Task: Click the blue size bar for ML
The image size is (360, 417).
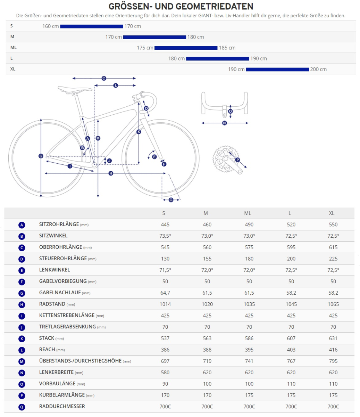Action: (186, 48)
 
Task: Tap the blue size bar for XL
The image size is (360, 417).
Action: (277, 69)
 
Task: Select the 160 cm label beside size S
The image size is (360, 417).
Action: (51, 26)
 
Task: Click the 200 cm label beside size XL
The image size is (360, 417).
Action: (318, 69)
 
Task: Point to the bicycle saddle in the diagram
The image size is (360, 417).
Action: (75, 90)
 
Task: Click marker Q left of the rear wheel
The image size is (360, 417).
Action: (41, 156)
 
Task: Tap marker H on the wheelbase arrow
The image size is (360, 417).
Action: (111, 173)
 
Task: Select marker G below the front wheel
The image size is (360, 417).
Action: (171, 200)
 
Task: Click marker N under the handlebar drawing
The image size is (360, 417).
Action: (224, 123)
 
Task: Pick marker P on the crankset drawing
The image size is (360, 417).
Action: (237, 160)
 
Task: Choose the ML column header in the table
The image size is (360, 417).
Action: (248, 213)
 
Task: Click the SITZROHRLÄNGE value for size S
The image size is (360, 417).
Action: (165, 225)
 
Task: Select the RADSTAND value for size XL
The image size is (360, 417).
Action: (333, 304)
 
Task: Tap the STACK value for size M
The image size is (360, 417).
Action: (207, 338)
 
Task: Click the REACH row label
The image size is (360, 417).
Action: (47, 350)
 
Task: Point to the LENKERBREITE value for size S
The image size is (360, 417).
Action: (165, 373)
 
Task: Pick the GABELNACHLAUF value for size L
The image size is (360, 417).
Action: (291, 293)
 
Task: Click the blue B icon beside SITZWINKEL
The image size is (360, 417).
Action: (22, 237)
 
